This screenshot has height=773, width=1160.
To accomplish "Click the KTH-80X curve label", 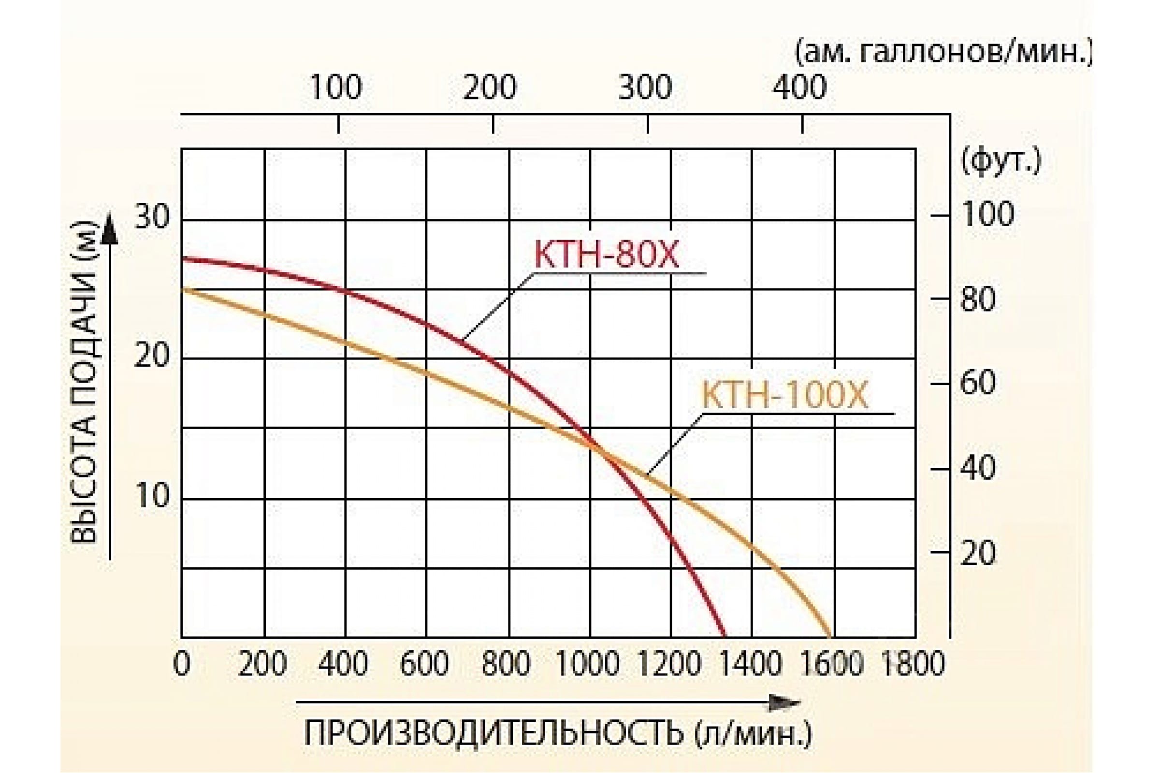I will pos(606,256).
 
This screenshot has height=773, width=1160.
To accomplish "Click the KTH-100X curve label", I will pos(784,396).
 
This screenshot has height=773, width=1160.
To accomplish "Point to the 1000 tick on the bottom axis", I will pos(588,664).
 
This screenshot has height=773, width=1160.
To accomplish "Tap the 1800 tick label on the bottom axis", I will pos(913,664).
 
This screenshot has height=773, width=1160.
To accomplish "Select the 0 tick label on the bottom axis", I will pos(182,664).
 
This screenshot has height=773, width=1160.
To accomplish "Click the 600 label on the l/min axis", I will pos(424,664).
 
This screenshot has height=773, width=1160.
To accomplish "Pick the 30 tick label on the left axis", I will pos(152,216).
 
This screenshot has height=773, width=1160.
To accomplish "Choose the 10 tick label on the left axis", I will pos(152,496).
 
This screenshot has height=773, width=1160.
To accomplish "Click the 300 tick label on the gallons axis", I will pos(645,88).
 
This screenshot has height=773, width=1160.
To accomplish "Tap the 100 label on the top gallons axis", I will pos(336,88).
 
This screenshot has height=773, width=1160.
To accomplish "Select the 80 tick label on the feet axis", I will pos(978,299).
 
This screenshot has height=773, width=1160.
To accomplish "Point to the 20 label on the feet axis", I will pos(978,553).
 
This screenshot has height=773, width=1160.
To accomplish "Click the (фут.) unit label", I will pos(1000,161).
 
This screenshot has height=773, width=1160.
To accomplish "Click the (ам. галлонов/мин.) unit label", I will pos(943,53).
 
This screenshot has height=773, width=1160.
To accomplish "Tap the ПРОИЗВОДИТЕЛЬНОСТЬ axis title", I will pos(557,733).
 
